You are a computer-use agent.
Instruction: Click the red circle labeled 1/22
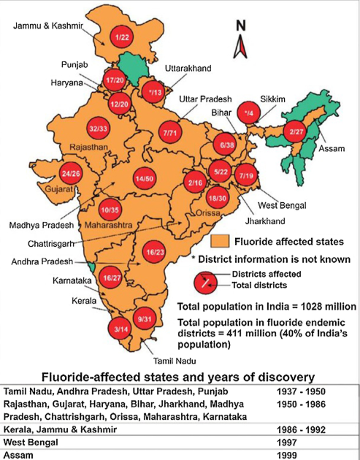[x=121, y=37]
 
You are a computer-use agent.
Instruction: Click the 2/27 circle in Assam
[x=296, y=131]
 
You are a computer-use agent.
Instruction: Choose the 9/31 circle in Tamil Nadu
[x=144, y=318]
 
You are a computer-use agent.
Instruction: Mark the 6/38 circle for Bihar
[x=226, y=146]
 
